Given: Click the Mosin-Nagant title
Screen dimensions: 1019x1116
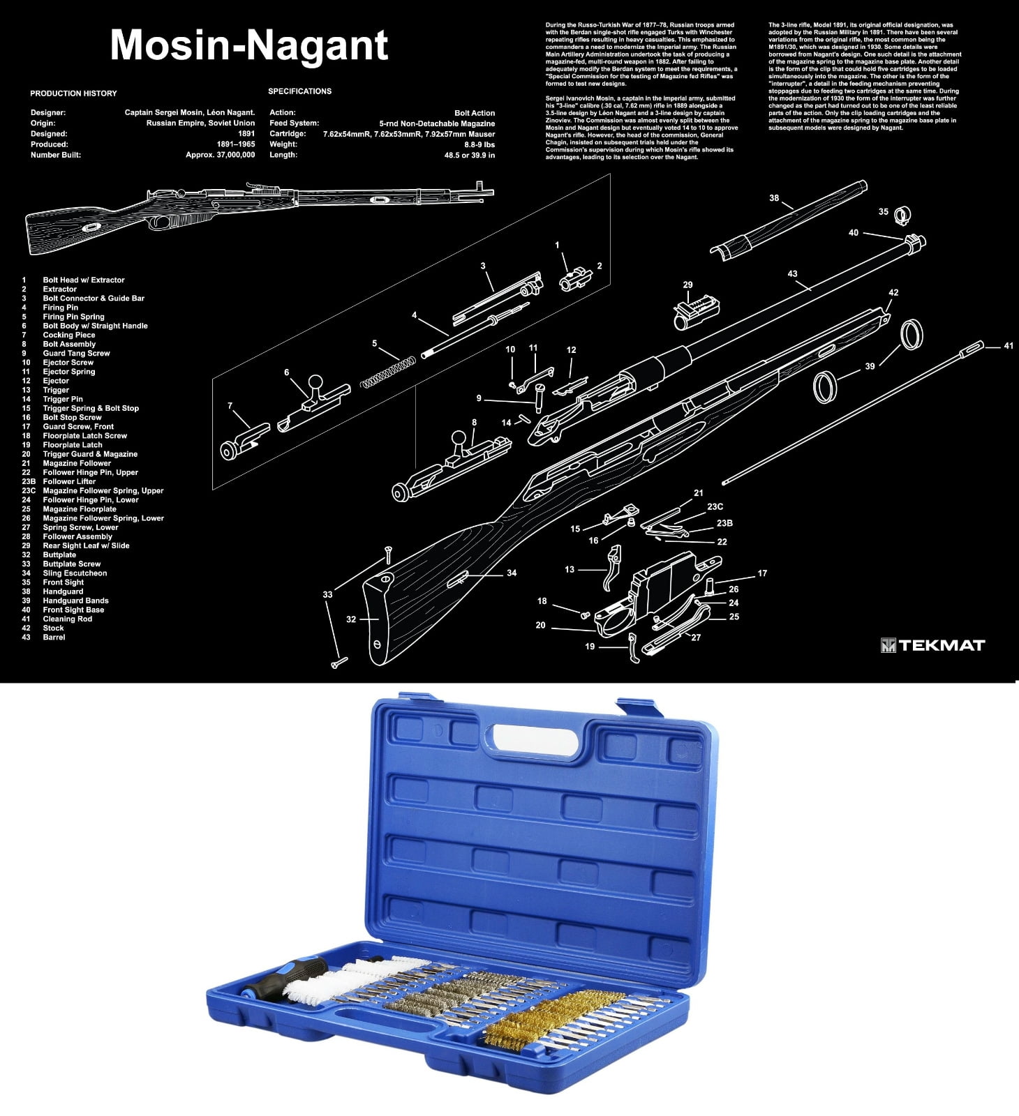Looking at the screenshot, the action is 248,46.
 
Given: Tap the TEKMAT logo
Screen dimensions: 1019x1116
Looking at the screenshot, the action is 932,645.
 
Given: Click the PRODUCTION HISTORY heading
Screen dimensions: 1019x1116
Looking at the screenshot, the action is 73,93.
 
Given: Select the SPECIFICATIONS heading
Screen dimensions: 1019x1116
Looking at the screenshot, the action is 300,91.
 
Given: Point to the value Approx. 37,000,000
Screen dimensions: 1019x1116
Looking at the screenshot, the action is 220,155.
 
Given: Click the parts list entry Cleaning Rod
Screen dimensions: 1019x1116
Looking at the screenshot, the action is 68,619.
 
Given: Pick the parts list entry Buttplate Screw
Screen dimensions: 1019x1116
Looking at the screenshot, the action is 72,564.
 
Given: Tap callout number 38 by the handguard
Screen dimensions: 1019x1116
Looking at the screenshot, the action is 774,198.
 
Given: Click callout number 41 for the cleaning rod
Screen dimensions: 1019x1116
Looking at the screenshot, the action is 1008,346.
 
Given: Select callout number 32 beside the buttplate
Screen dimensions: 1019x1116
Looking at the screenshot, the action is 351,619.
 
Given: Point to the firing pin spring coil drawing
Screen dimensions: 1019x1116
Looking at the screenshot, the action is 389,373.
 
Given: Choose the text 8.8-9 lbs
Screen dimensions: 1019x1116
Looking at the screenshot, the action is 479,144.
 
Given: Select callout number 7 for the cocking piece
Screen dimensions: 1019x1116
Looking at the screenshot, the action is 230,406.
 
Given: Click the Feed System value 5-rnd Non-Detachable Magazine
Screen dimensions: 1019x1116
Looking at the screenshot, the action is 437,123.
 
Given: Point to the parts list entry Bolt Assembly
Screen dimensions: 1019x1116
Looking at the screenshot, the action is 69,344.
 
